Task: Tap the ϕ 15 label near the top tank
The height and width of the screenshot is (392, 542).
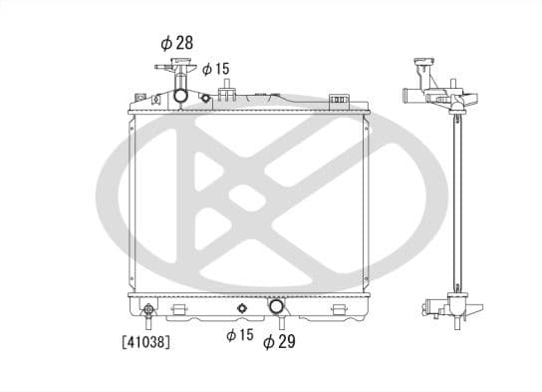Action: tap(216, 69)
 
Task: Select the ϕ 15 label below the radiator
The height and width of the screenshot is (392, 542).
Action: tap(239, 336)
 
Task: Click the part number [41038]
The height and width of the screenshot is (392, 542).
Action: tap(145, 342)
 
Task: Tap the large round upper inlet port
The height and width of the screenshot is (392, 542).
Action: tap(180, 96)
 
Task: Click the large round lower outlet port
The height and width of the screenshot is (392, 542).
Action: tap(277, 307)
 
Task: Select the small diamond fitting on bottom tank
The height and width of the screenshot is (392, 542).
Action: tap(240, 305)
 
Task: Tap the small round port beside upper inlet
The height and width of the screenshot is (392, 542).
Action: tap(205, 98)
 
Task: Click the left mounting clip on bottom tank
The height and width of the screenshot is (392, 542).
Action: tap(178, 311)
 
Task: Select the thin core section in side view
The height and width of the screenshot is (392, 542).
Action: tap(459, 199)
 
